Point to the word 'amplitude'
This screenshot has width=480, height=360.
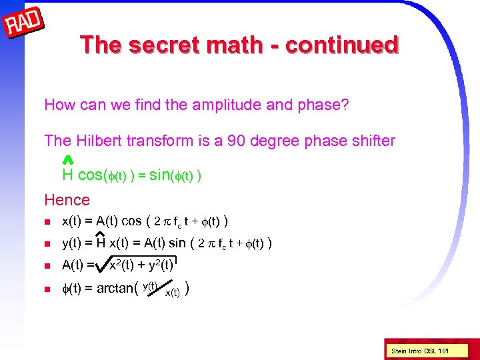pos(229,105)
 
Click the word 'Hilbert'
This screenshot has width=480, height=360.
pos(100,141)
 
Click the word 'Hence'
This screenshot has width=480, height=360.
pos(67,199)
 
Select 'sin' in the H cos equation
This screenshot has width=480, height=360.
pos(161,175)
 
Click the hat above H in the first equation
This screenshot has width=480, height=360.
pos(67,160)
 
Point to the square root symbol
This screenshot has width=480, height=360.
pos(103,266)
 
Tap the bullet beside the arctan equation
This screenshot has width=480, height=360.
pos(48,289)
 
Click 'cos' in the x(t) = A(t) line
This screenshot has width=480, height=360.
pos(131,221)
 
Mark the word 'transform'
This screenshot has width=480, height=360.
pos(161,141)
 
